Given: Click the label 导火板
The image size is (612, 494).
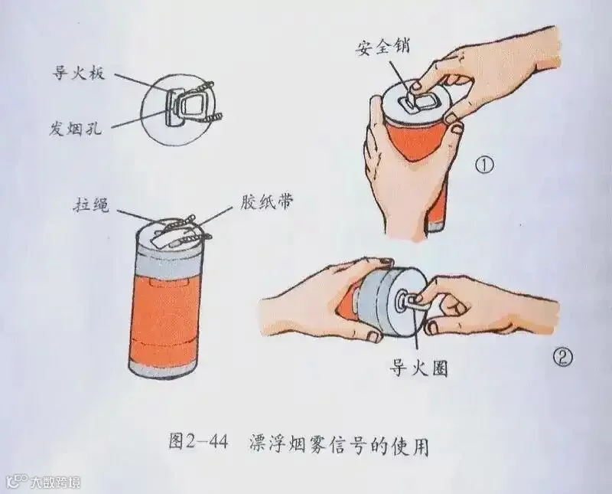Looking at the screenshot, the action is (x=79, y=72).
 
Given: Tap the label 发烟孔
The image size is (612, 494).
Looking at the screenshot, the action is (x=75, y=126).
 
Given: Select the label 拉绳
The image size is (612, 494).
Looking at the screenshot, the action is (x=91, y=204).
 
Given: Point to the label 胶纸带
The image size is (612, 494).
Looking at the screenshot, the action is (x=266, y=202).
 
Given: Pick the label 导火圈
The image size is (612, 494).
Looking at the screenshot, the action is (x=418, y=367).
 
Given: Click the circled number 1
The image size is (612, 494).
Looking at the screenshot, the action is (x=484, y=165).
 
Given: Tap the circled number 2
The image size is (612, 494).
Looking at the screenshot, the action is (x=563, y=357).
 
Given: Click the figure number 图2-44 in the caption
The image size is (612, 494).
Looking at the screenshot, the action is (x=198, y=443).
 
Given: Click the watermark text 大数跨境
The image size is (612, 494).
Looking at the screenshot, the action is (x=56, y=482).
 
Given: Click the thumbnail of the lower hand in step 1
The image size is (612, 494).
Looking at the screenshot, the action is (x=455, y=128).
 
